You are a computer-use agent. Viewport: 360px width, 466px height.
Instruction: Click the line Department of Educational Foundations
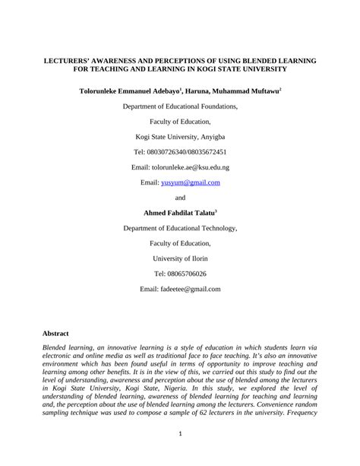180,107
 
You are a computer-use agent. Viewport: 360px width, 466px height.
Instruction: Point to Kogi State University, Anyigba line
180,137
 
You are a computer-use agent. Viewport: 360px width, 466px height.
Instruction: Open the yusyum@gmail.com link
191,182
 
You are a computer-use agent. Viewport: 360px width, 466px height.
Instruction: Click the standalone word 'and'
180,198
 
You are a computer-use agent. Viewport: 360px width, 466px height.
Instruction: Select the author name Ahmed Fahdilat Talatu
179,213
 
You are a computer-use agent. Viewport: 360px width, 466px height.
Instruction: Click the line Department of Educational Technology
180,228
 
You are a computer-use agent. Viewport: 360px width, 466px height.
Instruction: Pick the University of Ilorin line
180,258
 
